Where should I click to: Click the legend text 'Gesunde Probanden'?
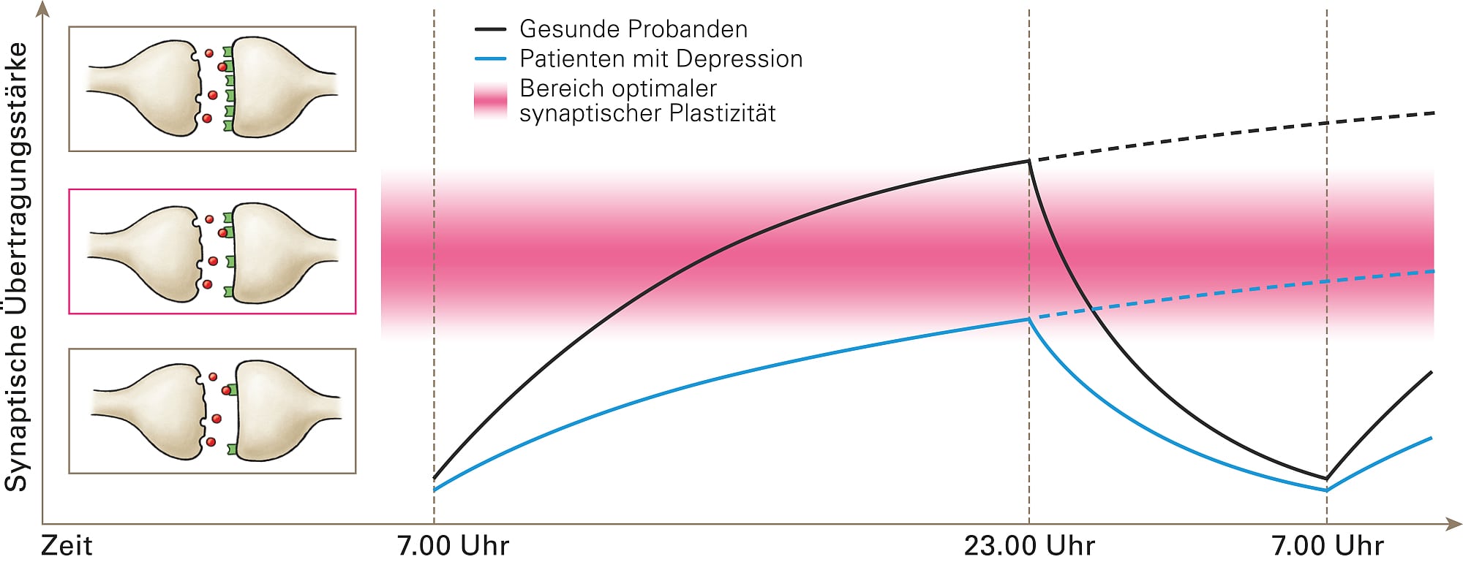(x=633, y=29)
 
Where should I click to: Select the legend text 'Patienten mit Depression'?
(x=661, y=58)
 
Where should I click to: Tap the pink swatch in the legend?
(x=490, y=101)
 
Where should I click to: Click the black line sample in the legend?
(x=490, y=30)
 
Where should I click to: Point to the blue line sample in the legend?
(x=490, y=58)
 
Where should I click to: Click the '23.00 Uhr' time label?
(x=1029, y=546)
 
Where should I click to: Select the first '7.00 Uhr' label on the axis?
(x=453, y=546)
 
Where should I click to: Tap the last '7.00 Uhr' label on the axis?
(x=1327, y=546)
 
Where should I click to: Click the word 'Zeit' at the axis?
(x=67, y=546)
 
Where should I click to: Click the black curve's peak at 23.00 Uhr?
(x=1029, y=161)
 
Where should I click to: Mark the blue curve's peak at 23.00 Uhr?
(x=1029, y=319)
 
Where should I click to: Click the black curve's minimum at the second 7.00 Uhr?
(x=1326, y=479)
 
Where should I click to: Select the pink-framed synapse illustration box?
(x=212, y=251)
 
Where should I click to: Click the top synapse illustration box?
(x=212, y=89)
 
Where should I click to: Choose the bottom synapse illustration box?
(x=212, y=411)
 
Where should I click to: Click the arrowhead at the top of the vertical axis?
(x=43, y=9)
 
